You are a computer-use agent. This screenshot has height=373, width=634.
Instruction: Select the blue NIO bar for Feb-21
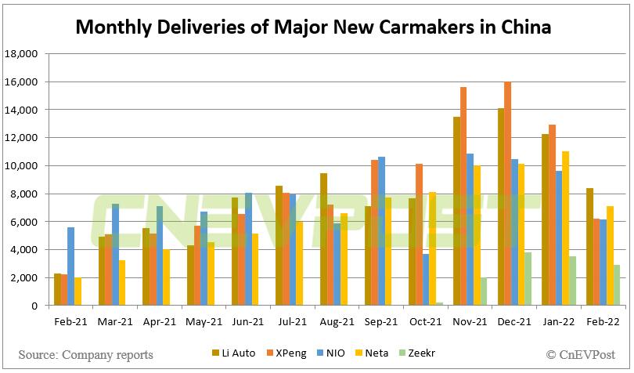(71, 266)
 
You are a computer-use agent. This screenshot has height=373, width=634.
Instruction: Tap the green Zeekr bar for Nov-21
(483, 292)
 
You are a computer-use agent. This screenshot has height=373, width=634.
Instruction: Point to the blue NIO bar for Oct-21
(424, 280)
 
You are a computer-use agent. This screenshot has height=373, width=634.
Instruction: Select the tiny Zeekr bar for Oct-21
(439, 303)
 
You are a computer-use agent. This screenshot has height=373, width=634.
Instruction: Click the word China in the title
(524, 27)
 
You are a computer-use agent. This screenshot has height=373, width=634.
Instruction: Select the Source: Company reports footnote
(86, 355)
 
